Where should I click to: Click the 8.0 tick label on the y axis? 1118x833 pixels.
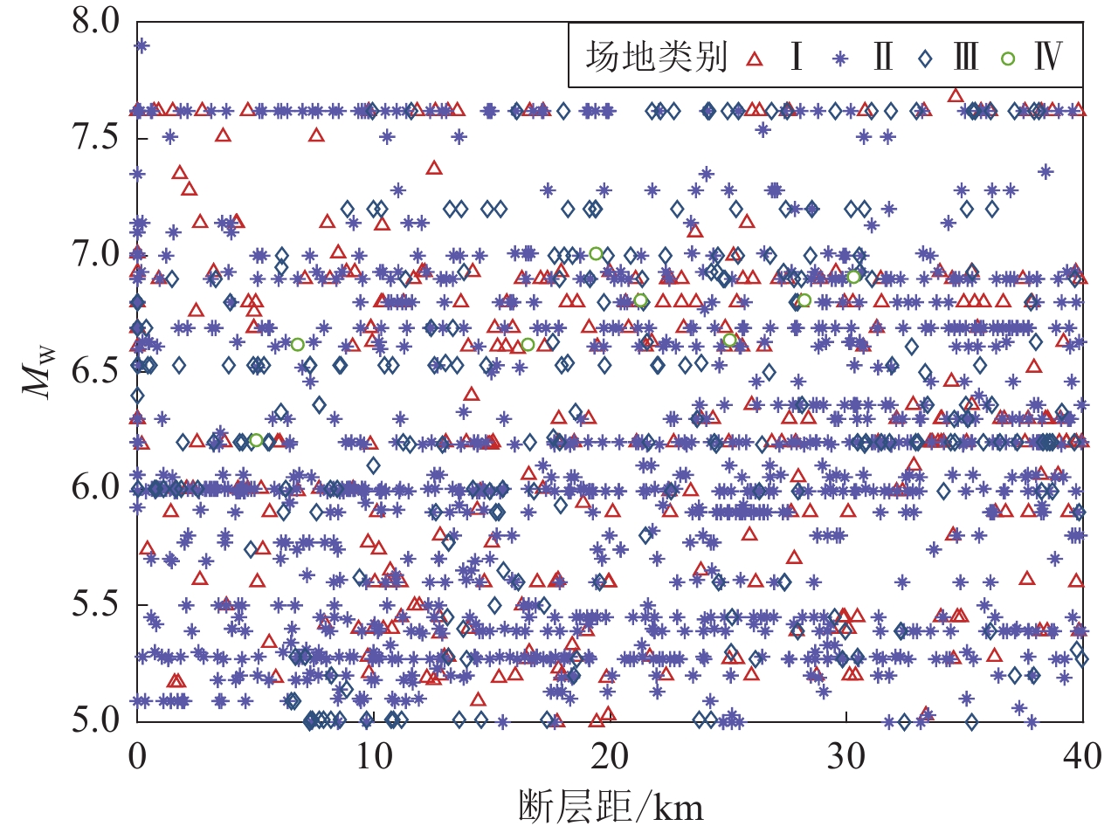(95, 21)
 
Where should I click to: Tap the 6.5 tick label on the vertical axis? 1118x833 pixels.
(95, 370)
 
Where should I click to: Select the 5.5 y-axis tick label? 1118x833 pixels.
(95, 604)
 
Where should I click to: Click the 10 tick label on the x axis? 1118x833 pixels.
(374, 756)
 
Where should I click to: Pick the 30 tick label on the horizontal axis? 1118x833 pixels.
(846, 756)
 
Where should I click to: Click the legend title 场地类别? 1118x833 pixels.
(656, 57)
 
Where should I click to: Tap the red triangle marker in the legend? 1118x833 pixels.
(756, 59)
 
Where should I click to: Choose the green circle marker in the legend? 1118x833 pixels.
(1008, 59)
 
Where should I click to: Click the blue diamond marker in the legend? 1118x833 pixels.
(926, 59)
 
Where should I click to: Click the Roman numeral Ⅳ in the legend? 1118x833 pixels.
(1047, 57)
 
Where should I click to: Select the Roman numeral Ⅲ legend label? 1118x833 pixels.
(965, 57)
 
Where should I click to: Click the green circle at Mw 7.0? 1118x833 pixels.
(596, 253)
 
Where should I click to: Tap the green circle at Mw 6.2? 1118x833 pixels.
(256, 440)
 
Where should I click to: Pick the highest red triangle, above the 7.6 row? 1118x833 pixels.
(956, 95)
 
